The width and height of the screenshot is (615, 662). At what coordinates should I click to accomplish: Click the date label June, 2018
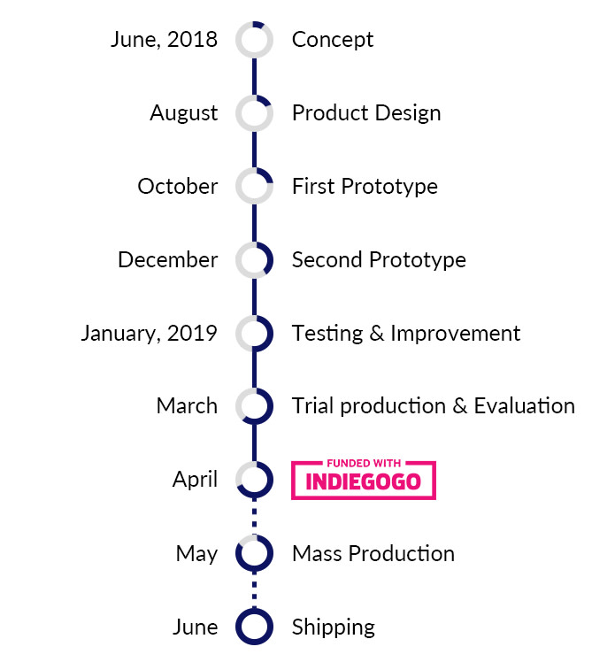(164, 40)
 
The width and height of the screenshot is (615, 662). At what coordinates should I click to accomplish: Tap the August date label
(183, 114)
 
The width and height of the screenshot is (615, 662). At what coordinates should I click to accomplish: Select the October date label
(178, 186)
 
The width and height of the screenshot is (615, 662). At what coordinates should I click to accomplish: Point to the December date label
(168, 259)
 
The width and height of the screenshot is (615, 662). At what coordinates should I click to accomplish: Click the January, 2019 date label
(149, 334)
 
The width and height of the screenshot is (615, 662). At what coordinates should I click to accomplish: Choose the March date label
(187, 406)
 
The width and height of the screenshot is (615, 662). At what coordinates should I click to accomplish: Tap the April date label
(195, 480)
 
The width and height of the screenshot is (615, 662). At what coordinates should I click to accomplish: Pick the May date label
(196, 554)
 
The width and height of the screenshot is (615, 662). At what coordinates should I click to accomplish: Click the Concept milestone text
(333, 40)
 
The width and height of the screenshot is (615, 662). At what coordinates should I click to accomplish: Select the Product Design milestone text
(366, 113)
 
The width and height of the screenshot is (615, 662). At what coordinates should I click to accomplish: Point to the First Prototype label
(365, 187)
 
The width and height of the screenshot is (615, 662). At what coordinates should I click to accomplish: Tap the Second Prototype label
(379, 260)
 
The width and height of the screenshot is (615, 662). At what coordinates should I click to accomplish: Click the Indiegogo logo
(364, 480)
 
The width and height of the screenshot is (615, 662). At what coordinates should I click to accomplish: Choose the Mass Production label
(373, 553)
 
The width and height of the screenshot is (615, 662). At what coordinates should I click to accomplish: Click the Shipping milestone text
(334, 627)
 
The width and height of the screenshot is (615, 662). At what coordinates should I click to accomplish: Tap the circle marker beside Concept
(254, 24)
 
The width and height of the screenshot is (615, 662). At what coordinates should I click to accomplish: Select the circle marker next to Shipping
(254, 609)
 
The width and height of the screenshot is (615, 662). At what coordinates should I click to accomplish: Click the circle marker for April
(254, 496)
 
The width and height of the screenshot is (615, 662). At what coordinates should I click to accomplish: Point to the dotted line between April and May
(254, 517)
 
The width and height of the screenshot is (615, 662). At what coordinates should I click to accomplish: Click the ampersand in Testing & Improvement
(376, 334)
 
